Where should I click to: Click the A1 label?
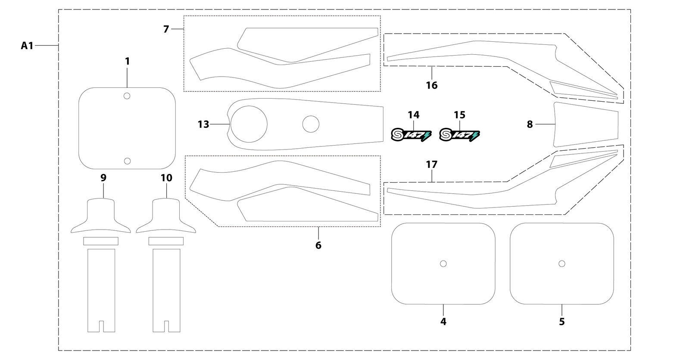(27, 46)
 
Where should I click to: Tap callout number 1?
(128, 61)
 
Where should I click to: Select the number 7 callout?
(166, 29)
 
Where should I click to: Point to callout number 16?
(432, 85)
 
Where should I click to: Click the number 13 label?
(203, 124)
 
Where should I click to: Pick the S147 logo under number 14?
(411, 135)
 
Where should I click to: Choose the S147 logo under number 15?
(459, 135)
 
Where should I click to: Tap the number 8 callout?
(530, 124)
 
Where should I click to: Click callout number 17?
(432, 164)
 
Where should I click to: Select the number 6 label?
(318, 245)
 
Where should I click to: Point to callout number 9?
(103, 177)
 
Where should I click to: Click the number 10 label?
(166, 177)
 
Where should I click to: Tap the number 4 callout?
(443, 321)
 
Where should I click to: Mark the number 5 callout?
(561, 321)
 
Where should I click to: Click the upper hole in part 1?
(127, 96)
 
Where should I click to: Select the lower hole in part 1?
(127, 161)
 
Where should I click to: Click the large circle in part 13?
(231, 124)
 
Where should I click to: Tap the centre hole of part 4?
(443, 264)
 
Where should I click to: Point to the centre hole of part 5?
(561, 264)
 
